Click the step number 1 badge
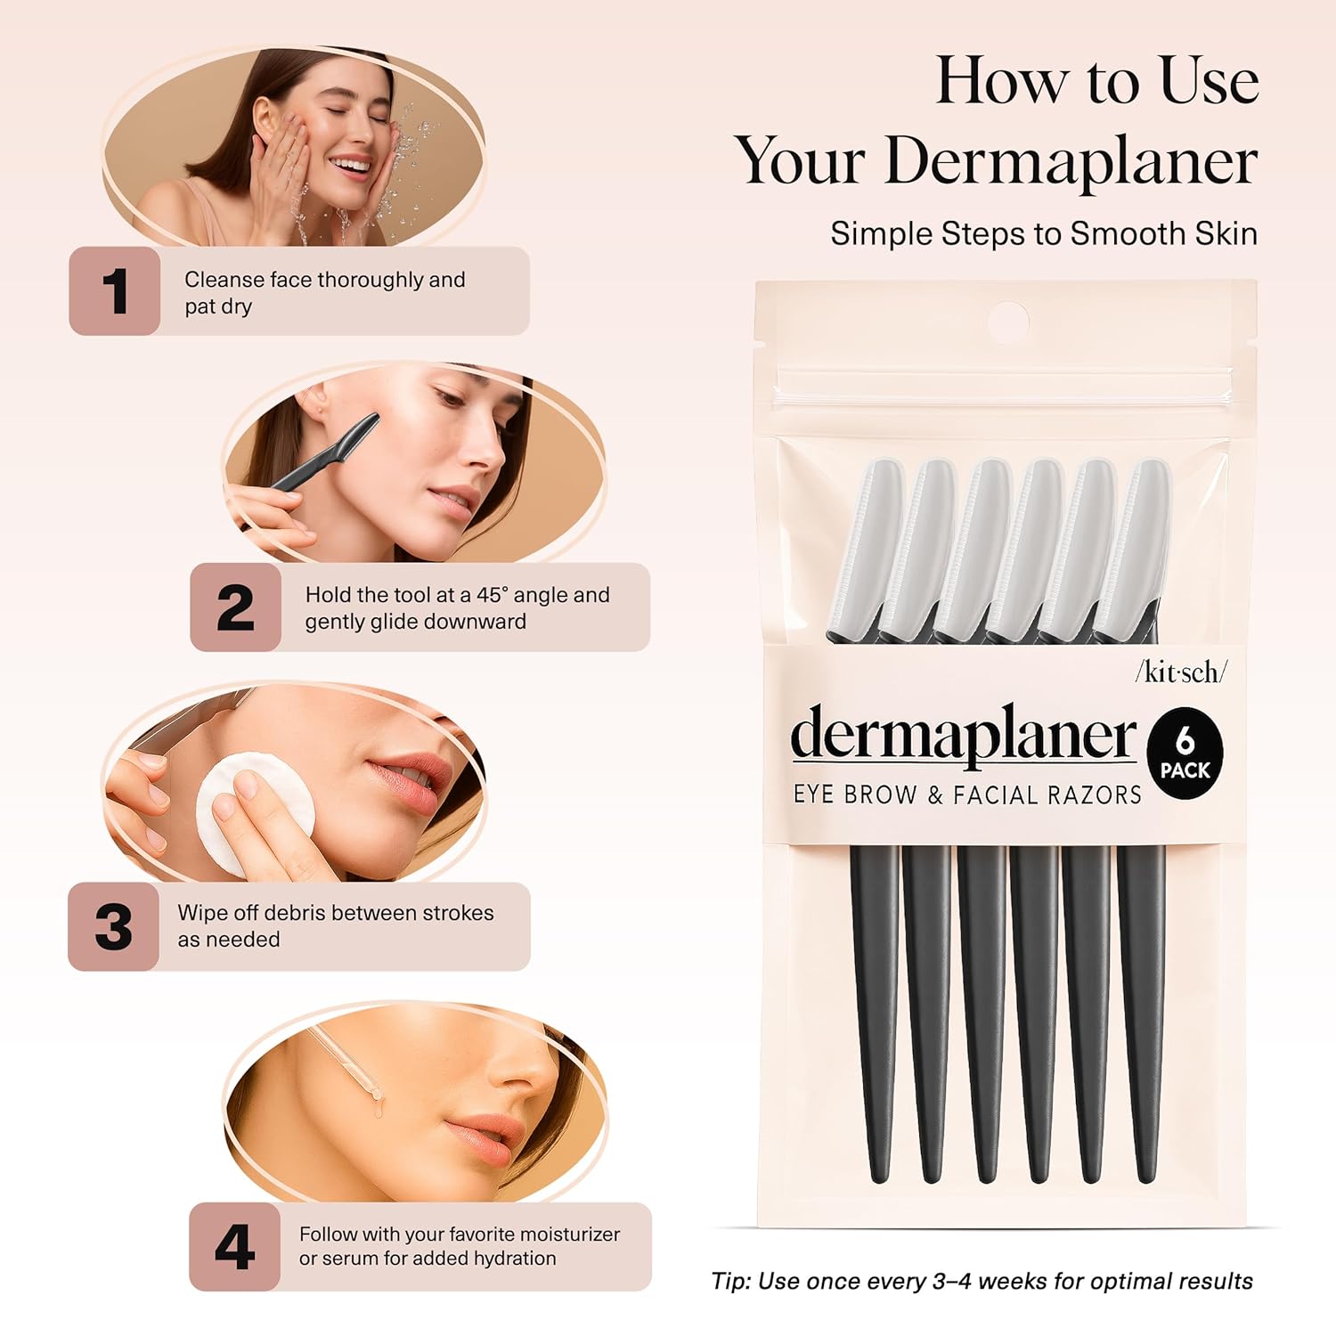pos(115,291)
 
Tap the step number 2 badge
pos(235,607)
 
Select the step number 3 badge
pos(113,926)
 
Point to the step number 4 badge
pos(234,1247)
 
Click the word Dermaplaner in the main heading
pos(1071,161)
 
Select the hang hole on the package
pos(1008,321)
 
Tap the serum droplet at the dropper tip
pos(379,1105)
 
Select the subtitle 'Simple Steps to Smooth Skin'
pos(1044,233)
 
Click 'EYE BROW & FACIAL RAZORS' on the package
pos(967,794)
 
